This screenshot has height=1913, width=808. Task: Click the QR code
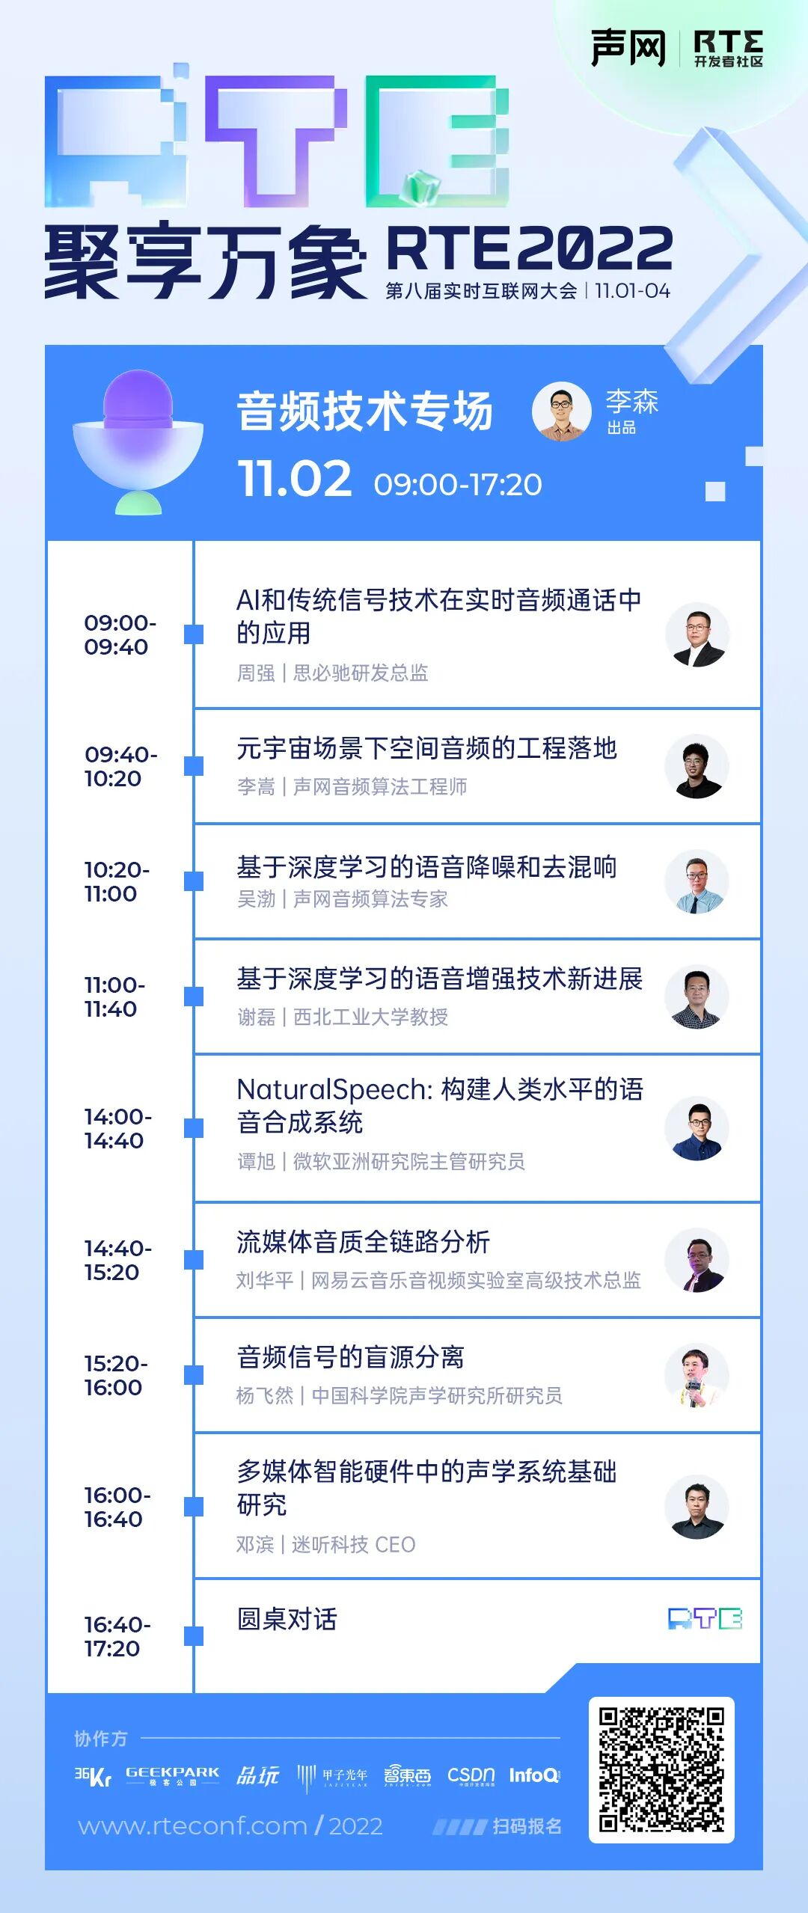coord(661,1769)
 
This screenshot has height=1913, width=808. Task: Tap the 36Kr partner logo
coord(93,1776)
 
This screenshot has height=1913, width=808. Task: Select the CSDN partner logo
coord(471,1775)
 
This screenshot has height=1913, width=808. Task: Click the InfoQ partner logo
coord(534,1775)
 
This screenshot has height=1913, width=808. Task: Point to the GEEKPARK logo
coord(172,1775)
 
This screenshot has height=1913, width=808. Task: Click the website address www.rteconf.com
coord(192,1826)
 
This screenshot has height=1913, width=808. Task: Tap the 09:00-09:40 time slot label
coord(119,634)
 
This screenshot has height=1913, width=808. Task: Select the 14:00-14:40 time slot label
coord(117,1128)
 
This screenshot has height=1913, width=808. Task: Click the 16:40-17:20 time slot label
coord(117,1636)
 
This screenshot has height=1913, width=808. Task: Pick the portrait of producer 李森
coord(561,411)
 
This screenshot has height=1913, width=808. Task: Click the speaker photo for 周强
coord(697,635)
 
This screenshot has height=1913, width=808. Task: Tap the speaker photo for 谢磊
coord(697,997)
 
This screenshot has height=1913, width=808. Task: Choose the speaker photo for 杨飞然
coord(697,1376)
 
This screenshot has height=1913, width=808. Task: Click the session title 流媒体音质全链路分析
coord(363,1243)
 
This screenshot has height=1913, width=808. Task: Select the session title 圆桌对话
coord(287,1620)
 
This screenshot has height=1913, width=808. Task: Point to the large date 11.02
coord(294,480)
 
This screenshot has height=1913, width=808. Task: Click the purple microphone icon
coord(138,441)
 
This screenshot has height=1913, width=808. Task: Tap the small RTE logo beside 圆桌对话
coord(704,1620)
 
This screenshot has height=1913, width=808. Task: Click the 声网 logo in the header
coord(628,49)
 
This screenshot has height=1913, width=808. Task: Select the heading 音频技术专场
coord(364,411)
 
